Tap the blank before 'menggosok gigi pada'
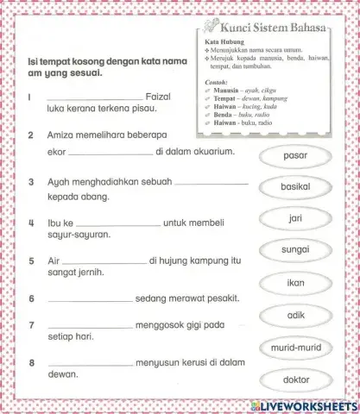[x=90, y=328]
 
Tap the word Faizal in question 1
[x=162, y=97]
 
